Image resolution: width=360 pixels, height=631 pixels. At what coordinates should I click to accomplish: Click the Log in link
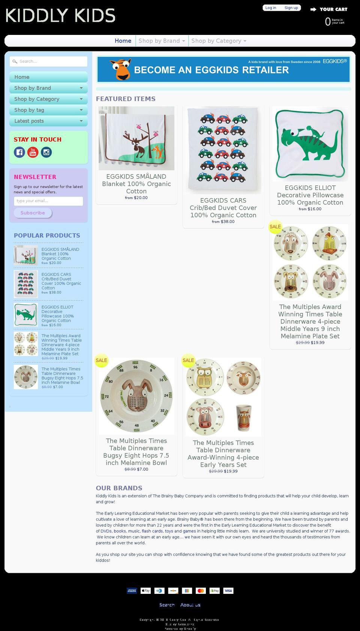(270, 8)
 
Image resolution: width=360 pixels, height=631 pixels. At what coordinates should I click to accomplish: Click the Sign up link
(291, 8)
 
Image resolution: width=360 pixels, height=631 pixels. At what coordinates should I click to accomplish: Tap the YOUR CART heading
(333, 9)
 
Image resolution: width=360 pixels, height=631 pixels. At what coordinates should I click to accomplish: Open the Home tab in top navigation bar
(123, 41)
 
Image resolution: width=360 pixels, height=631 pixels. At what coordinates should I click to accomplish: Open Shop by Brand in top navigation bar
(162, 41)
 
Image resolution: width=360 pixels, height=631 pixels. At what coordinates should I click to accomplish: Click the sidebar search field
(49, 62)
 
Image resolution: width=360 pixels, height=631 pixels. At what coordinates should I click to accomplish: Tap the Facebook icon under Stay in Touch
(19, 152)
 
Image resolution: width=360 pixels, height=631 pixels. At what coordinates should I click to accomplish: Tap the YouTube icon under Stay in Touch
(33, 152)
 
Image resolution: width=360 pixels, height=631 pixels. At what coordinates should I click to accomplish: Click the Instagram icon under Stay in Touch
(46, 152)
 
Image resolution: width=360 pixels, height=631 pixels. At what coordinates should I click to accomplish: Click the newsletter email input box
(48, 201)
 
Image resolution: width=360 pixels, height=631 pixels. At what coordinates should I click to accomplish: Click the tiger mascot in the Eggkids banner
(121, 69)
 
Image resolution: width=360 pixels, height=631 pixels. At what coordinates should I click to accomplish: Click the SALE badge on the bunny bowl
(101, 360)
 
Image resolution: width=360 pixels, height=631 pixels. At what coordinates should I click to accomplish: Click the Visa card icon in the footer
(228, 591)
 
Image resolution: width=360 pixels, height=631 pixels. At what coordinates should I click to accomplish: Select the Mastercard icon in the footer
(201, 591)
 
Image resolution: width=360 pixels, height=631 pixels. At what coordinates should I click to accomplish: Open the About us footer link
(190, 605)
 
